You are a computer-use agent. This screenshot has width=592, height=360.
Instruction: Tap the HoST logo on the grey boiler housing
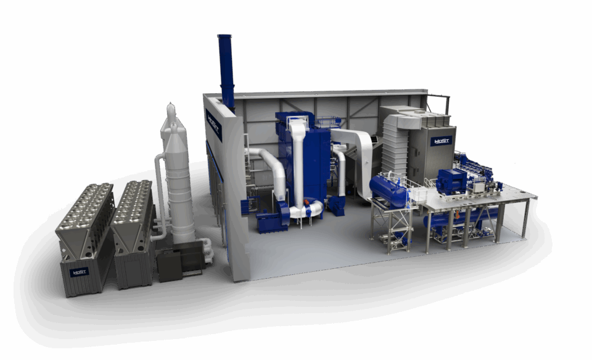coord(442,141)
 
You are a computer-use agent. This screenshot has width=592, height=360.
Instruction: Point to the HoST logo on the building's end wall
coord(214,117)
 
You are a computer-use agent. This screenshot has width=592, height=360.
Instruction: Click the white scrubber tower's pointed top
coord(171,111)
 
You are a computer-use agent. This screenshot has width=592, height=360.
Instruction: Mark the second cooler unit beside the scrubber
coord(133,234)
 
